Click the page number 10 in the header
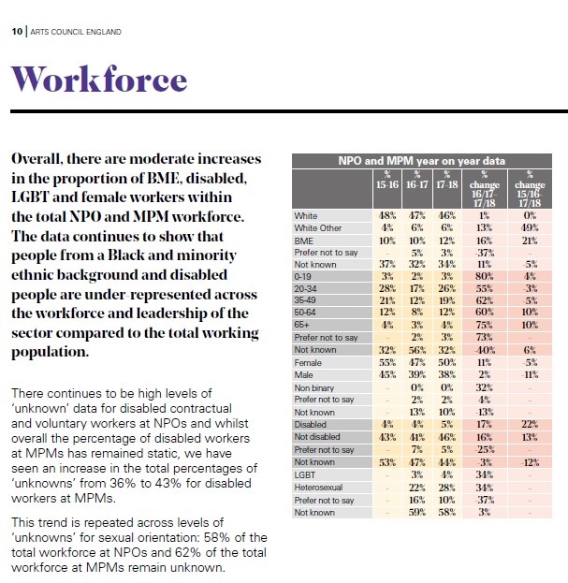pos(17,32)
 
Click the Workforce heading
pos(99,79)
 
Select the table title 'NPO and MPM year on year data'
pos(421,161)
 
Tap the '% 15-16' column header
pos(387,181)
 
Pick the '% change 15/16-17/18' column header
pos(530,189)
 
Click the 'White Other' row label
pos(318,228)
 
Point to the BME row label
pos(304,240)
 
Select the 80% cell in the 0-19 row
pos(485,277)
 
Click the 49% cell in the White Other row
pos(530,228)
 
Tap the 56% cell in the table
pos(417,350)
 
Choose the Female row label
pos(308,363)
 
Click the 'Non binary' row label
pos(314,387)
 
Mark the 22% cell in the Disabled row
pos(530,424)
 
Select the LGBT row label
pos(305,475)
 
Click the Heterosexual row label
pos(318,488)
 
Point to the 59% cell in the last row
pos(417,513)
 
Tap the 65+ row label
pos(302,325)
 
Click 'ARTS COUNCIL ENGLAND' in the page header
pos(76,32)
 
